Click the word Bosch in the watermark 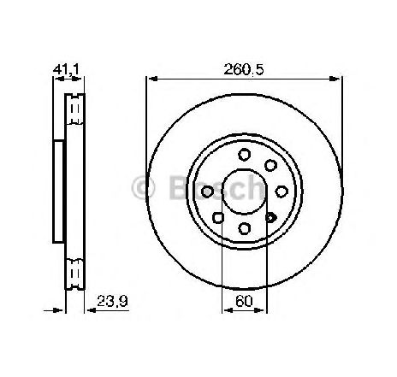[x=210, y=189]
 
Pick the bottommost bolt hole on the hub [x=244, y=228]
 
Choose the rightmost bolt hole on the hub [x=281, y=191]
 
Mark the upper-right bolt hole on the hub [x=270, y=165]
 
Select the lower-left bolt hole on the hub [x=218, y=218]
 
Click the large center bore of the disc [x=244, y=191]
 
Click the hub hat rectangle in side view [x=58, y=191]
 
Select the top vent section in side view [x=75, y=109]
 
